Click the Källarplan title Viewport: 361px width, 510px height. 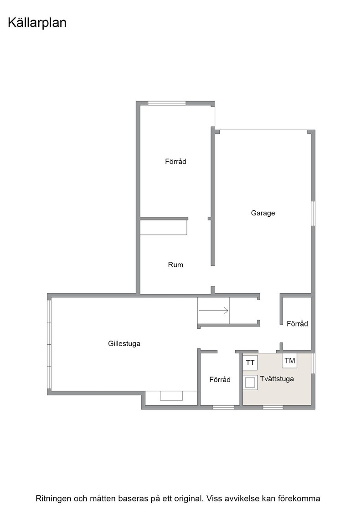37,23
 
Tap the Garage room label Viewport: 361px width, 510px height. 263,213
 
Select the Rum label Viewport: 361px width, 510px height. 175,265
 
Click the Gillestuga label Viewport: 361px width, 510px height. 124,343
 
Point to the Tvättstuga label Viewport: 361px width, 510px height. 277,378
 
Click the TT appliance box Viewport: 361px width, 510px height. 250,362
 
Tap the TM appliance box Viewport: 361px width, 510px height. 290,360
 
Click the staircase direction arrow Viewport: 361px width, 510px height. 213,311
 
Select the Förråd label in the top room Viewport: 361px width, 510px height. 176,161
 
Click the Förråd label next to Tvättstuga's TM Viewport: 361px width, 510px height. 297,324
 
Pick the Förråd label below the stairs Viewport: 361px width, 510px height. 220,380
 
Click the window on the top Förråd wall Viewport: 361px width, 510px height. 167,103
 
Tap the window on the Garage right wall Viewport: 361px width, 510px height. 313,214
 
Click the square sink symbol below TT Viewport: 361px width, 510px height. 250,382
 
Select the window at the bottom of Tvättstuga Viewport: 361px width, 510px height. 273,407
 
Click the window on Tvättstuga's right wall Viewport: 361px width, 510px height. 313,363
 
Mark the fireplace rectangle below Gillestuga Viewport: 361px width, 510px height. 171,396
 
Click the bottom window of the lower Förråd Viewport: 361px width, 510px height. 223,407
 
